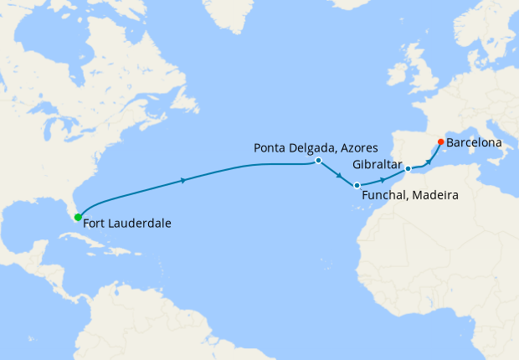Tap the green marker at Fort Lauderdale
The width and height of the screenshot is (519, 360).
pos(78,218)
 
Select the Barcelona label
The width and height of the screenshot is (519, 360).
pos(474,143)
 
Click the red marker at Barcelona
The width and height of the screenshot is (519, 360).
pos(441,141)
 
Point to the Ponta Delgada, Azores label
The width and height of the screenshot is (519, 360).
pos(310,147)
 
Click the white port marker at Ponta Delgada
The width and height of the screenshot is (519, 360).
pos(319,160)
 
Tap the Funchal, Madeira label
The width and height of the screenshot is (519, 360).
pos(410,195)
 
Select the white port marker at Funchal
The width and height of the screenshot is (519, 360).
pos(357,185)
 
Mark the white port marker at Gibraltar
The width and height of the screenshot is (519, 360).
pos(408,169)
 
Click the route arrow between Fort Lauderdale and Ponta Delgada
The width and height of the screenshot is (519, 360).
pos(183,179)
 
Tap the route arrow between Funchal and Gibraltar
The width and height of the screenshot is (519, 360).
pos(383,179)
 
